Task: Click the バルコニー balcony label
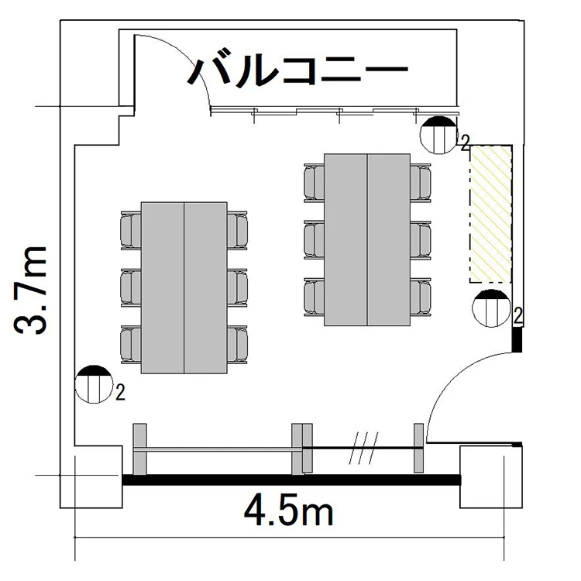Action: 298,70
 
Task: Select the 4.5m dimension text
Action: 289,512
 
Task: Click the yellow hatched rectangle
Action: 490,214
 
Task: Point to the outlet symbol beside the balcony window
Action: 438,135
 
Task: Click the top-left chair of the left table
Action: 131,230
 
